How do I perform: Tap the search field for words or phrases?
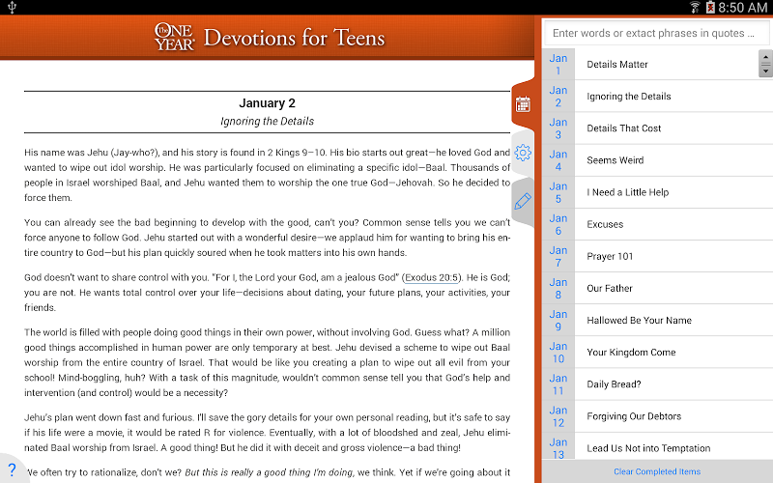655,33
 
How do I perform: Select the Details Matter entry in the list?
617,65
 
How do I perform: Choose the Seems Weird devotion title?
616,160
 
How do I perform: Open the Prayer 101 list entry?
611,256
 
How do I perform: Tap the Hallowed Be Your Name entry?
639,320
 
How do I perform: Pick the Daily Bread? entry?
614,384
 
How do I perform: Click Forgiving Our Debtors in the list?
634,416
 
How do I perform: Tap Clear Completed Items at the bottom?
657,471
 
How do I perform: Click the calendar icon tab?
523,104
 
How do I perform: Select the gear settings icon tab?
523,153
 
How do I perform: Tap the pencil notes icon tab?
523,201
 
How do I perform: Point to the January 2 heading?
268,103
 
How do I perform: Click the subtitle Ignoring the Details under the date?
268,122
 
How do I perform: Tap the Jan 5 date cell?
558,192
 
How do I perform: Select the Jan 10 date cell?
558,352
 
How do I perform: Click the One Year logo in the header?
175,38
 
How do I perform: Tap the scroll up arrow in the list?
765,57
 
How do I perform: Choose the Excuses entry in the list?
605,224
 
